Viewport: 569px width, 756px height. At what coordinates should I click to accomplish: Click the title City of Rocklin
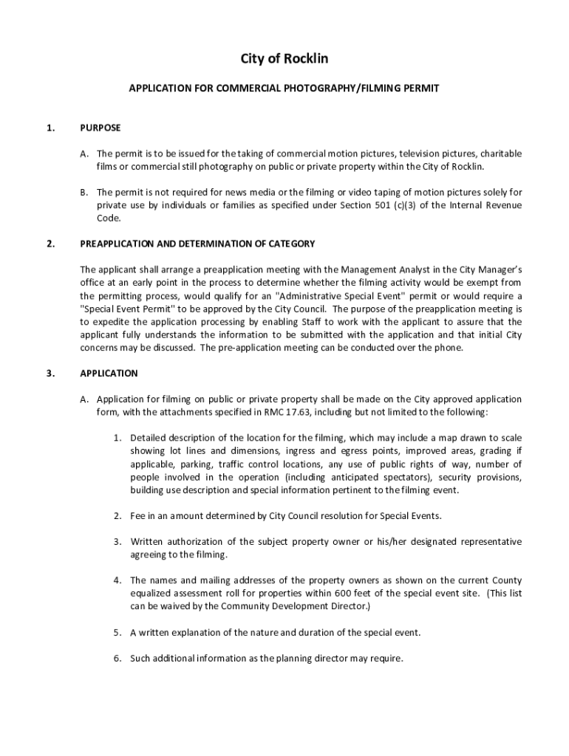pyautogui.click(x=284, y=58)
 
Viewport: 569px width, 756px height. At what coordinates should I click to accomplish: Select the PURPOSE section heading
pyautogui.click(x=100, y=128)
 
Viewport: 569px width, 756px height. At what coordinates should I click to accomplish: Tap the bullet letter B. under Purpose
pyautogui.click(x=85, y=192)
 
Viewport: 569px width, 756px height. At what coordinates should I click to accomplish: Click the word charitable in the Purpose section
pyautogui.click(x=501, y=154)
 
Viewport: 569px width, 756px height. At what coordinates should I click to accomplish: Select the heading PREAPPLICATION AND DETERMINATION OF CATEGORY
pyautogui.click(x=197, y=244)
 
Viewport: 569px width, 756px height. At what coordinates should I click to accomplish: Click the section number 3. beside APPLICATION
pyautogui.click(x=50, y=374)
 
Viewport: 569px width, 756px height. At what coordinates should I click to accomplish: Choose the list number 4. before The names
pyautogui.click(x=117, y=580)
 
